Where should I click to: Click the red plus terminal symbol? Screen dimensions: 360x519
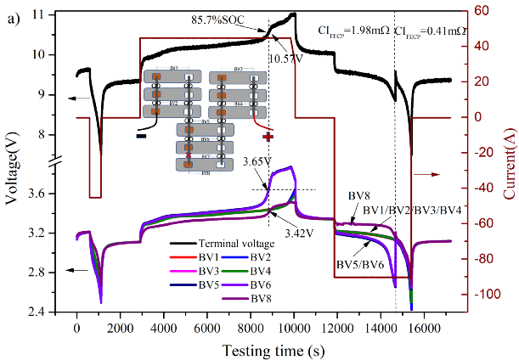[x=268, y=136]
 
